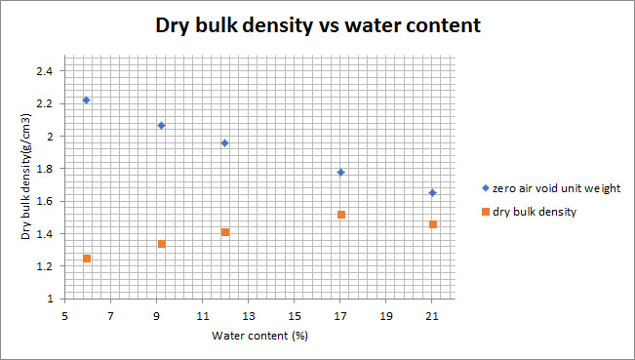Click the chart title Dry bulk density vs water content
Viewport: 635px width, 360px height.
pyautogui.click(x=318, y=26)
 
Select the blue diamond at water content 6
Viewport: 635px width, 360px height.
pyautogui.click(x=87, y=100)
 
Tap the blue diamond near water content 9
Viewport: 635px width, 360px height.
pyautogui.click(x=161, y=126)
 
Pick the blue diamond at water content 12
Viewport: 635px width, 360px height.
pyautogui.click(x=225, y=143)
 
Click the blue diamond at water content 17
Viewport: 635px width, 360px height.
pyautogui.click(x=340, y=173)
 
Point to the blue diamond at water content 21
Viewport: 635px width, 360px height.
pyautogui.click(x=432, y=193)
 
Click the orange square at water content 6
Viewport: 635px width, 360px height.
pyautogui.click(x=87, y=259)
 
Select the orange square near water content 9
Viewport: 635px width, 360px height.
pyautogui.click(x=161, y=244)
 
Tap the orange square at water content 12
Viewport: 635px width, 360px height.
pyautogui.click(x=225, y=232)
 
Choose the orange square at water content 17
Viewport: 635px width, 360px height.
pyautogui.click(x=340, y=215)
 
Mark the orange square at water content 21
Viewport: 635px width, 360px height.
pyautogui.click(x=432, y=224)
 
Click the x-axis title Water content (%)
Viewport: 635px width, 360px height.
pyautogui.click(x=259, y=337)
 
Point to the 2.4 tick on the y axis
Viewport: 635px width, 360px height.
pyautogui.click(x=45, y=71)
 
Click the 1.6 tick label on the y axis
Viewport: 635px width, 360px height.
pyautogui.click(x=45, y=201)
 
